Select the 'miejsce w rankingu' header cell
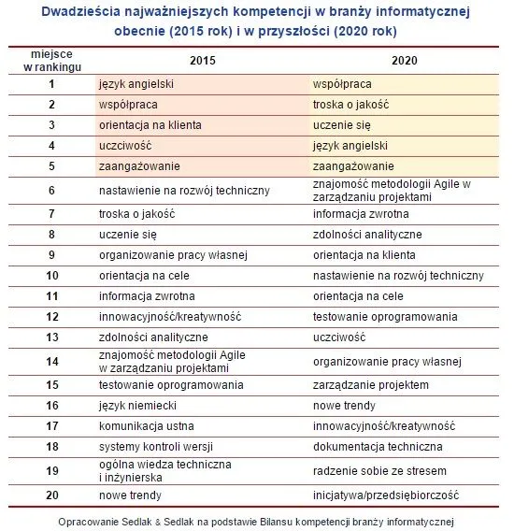51,61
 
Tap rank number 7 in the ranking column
51,213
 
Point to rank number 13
51,337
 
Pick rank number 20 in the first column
51,495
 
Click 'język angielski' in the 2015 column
136,84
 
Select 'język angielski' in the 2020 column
350,146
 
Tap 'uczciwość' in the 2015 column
125,146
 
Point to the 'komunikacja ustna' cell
145,426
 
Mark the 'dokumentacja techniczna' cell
378,447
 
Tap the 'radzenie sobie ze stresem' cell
379,470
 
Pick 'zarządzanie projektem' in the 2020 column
371,385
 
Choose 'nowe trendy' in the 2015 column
130,495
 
